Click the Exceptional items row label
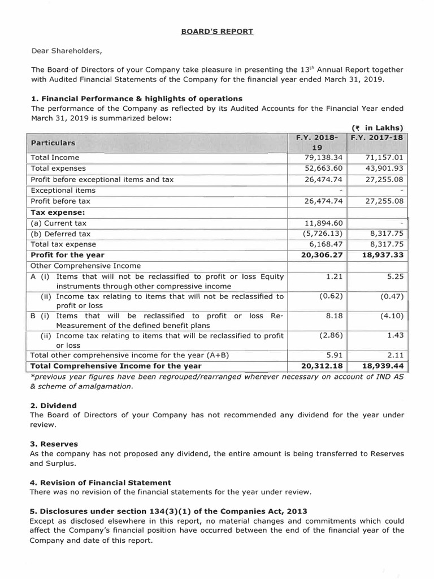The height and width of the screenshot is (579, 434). click(x=63, y=190)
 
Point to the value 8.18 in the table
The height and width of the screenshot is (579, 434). click(x=335, y=315)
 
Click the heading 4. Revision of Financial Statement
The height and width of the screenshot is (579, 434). click(x=101, y=482)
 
